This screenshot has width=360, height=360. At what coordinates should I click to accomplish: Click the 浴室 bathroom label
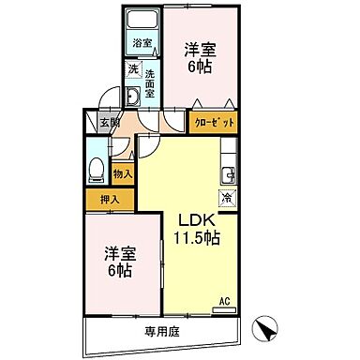coord(141,43)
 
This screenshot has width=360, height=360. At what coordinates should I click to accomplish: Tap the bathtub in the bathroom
coord(142,22)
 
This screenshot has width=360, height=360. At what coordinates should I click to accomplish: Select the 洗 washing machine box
coord(133,70)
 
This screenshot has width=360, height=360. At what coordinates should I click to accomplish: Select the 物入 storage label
coord(123,173)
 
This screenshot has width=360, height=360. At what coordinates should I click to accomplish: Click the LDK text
coord(193,220)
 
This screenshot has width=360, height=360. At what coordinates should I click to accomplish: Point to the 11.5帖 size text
coord(194,240)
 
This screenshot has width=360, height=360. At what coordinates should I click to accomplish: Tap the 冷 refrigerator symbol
coord(227,197)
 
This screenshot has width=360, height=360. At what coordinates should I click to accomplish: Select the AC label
coord(224,301)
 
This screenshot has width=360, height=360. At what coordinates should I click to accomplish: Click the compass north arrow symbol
coord(267,328)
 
